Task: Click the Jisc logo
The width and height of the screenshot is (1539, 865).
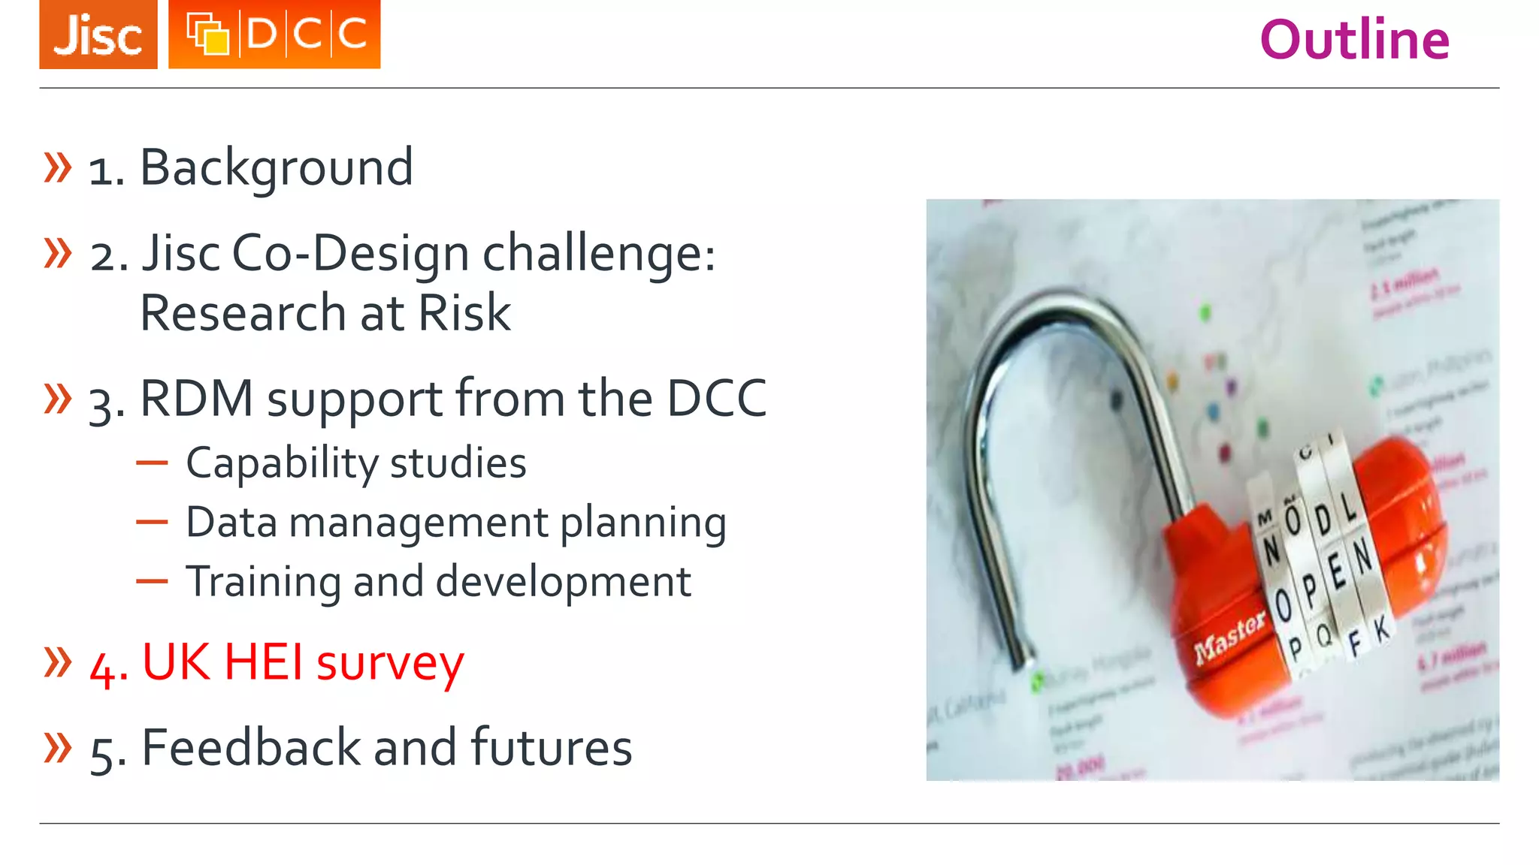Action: (x=98, y=35)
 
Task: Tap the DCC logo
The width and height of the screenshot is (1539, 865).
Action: (x=274, y=35)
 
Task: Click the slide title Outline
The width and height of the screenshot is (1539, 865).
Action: (x=1354, y=39)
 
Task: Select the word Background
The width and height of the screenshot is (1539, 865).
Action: (x=277, y=167)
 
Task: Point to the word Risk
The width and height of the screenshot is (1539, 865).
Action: (x=464, y=312)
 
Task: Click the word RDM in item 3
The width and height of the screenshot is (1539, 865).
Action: (x=197, y=398)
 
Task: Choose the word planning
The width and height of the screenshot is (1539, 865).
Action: (x=643, y=523)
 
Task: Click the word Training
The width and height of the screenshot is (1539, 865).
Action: (x=263, y=582)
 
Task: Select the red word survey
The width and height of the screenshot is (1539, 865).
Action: (x=390, y=664)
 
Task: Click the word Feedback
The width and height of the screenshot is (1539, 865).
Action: (x=251, y=748)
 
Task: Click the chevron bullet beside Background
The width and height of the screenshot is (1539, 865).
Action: (x=58, y=167)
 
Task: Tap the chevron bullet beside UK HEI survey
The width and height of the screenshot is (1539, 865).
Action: (x=58, y=662)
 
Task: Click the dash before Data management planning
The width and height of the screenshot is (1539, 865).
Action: (x=152, y=521)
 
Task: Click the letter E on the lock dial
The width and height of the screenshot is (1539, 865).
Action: (x=1336, y=572)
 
